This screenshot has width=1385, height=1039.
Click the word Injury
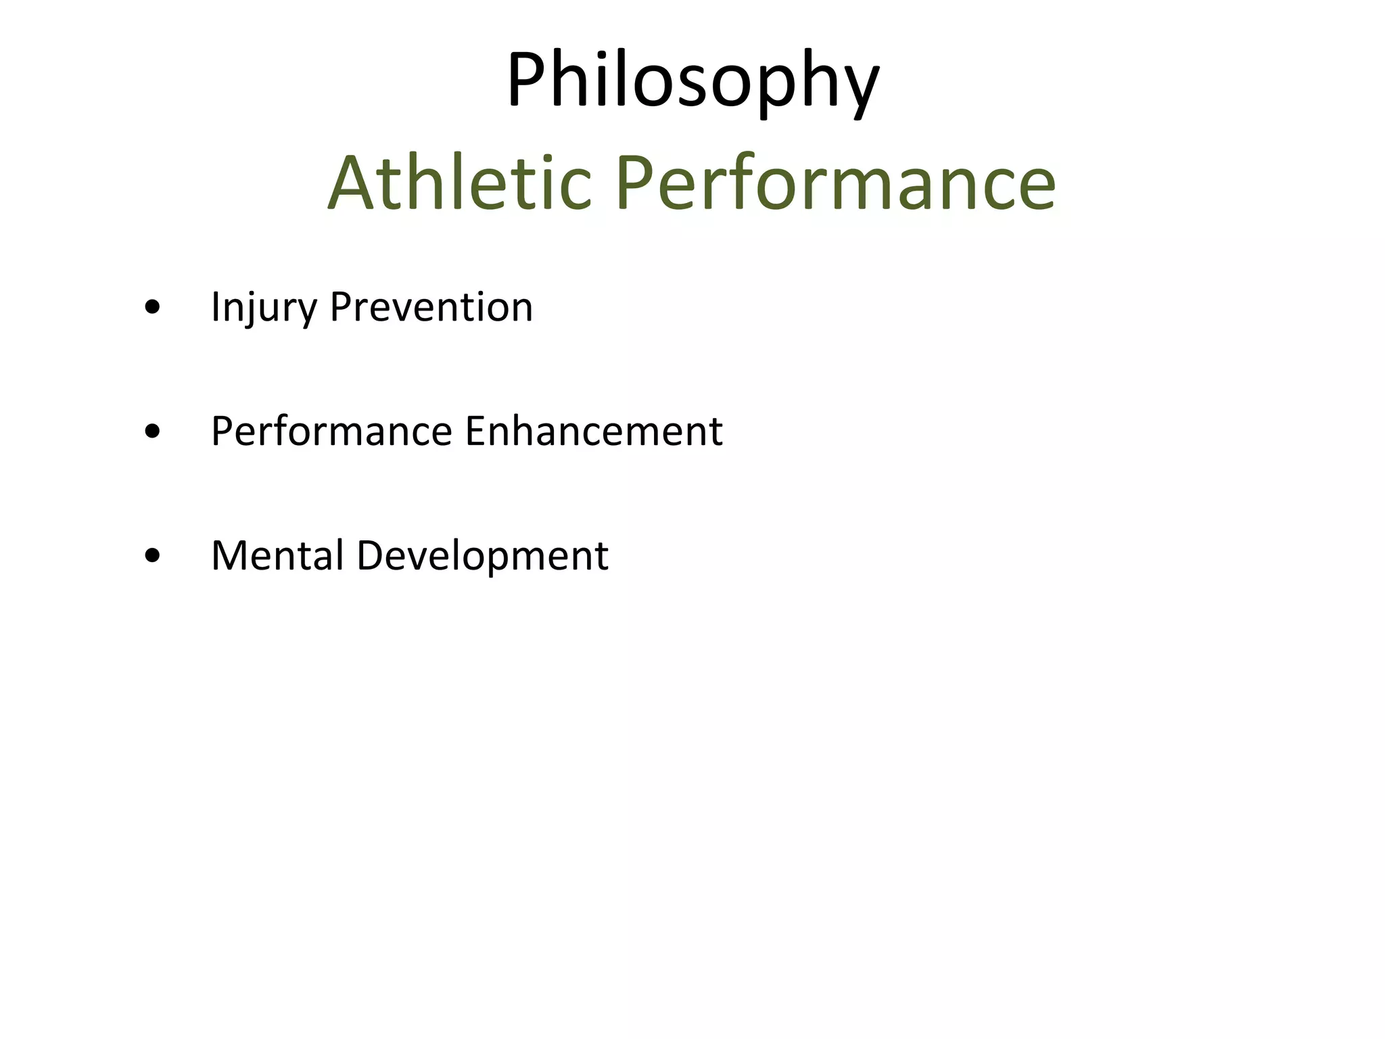[264, 308]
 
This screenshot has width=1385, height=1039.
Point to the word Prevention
[431, 308]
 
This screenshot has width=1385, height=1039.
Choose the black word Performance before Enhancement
[331, 432]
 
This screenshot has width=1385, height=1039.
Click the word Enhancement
[594, 432]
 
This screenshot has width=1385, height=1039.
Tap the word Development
[482, 556]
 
